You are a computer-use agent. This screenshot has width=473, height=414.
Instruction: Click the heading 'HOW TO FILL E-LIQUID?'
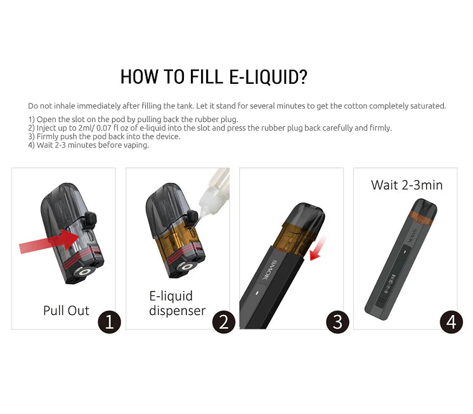(x=214, y=77)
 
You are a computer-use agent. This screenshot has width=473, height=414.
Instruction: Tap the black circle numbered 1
(x=109, y=322)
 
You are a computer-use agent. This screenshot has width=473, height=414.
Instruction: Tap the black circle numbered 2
(x=223, y=322)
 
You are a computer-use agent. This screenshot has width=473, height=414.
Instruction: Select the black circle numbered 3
(x=337, y=322)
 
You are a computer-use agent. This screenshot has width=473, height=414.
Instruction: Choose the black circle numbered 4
(x=451, y=322)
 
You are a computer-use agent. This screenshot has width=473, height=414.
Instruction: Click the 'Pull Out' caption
(x=66, y=310)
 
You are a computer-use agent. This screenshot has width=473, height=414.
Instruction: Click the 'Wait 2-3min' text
(x=406, y=185)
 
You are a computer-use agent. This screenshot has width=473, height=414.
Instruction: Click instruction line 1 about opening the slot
(x=133, y=120)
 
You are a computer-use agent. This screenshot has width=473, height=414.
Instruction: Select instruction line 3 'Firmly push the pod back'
(x=104, y=137)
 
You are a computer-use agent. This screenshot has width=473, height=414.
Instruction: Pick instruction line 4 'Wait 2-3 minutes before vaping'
(x=88, y=145)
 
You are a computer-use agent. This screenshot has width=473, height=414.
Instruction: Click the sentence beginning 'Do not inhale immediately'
(x=236, y=106)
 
